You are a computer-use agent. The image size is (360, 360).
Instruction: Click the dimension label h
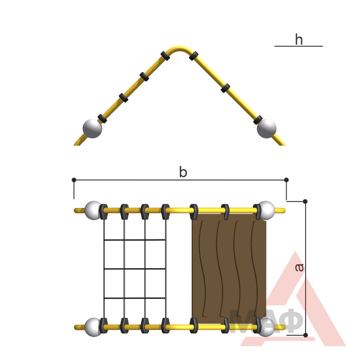coord(299,39)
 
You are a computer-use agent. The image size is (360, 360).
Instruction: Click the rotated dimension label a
coord(299,267)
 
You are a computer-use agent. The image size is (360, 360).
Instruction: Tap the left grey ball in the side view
coord(92,128)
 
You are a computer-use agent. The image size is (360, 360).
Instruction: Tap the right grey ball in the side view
coord(266,128)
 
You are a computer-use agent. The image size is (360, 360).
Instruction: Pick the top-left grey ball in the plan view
coord(93,210)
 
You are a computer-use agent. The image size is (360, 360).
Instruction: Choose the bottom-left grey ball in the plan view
coord(93,327)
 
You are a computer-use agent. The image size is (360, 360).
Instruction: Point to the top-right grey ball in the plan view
coord(266,210)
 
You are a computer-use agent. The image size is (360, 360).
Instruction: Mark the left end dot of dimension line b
coord(74,180)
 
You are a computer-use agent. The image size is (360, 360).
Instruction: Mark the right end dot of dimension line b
coord(286,180)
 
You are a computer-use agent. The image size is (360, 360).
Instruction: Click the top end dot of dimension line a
coord(305,201)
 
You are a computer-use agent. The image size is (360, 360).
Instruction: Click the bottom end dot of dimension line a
coord(306,335)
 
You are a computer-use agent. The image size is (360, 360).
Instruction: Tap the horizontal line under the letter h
coord(299,46)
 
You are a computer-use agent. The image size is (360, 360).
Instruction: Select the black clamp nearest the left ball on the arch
coord(102,118)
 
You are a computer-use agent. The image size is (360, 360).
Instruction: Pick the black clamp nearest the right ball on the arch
coord(258,120)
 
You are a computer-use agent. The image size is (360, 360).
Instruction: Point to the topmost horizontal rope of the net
coord(135,240)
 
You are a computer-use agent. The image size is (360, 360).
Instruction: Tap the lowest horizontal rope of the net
coord(135,298)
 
